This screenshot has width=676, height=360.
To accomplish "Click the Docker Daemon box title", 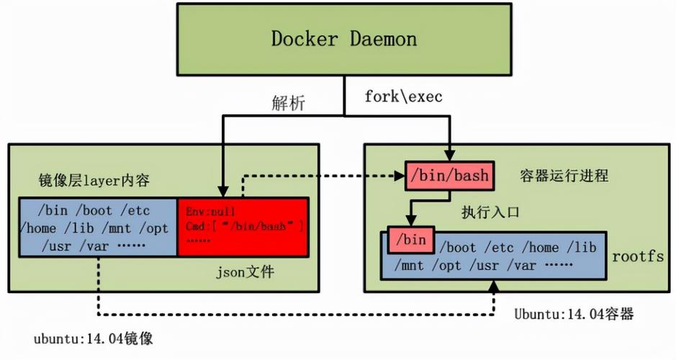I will pos(343,38).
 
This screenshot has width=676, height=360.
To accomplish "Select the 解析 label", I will pos(288,103).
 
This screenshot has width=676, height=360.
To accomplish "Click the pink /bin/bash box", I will pos(448,175).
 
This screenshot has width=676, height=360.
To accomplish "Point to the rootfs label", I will pos(637,256).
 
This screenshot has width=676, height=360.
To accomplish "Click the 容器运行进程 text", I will pos(564,175).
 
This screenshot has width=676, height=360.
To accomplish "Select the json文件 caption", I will pos(245,272).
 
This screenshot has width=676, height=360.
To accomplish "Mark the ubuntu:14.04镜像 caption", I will pos(93,337).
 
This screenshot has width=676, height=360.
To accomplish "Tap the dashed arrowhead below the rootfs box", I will pos(494,287).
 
